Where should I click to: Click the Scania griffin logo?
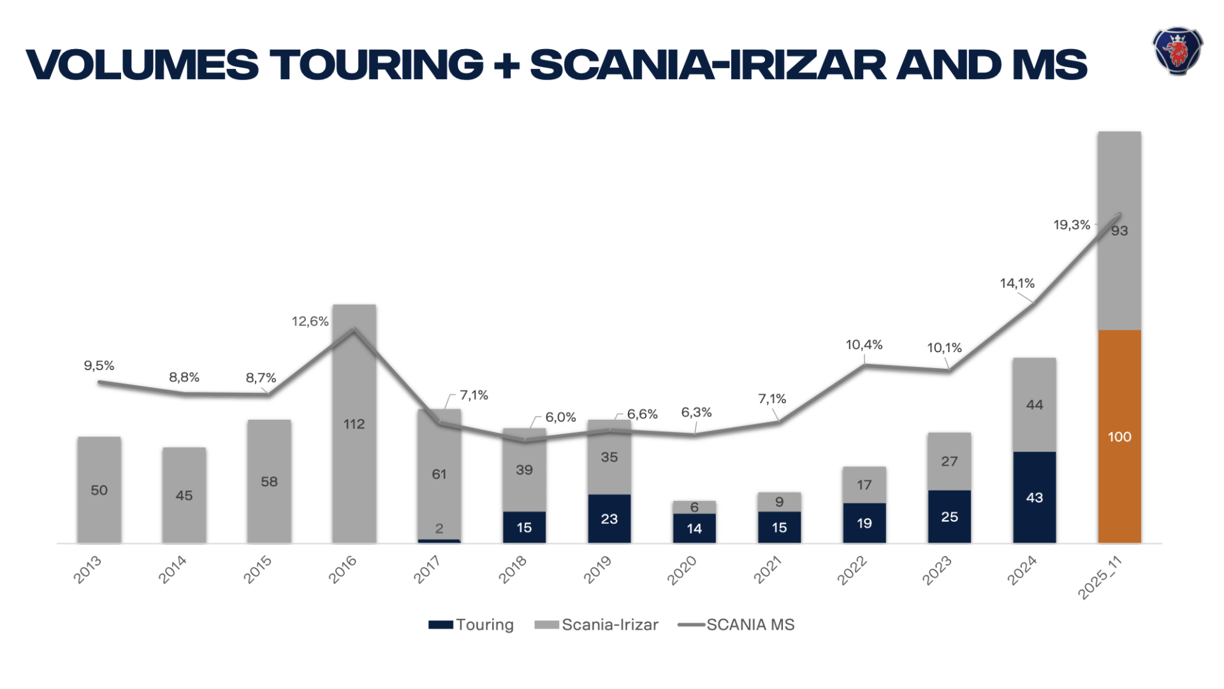[x=1177, y=51]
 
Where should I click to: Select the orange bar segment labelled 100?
[x=1119, y=436]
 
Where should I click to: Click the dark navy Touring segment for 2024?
[x=1034, y=497]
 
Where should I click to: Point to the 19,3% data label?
[x=1071, y=225]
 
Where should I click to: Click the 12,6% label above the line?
[x=310, y=322]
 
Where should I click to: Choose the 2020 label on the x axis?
[x=681, y=570]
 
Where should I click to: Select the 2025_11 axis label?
[x=1099, y=577]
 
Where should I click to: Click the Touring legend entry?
[x=472, y=625]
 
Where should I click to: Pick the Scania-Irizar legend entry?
[x=597, y=625]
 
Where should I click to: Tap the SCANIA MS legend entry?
[x=737, y=625]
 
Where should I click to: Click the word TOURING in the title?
[x=376, y=65]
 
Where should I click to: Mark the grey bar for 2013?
[x=99, y=489]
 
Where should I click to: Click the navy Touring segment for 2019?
[x=609, y=519]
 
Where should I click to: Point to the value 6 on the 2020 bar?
[x=694, y=507]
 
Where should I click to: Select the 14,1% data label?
[x=1017, y=283]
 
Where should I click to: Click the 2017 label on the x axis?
[x=426, y=570]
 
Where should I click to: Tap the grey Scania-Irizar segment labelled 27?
[x=949, y=461]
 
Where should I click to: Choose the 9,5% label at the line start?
[x=99, y=366]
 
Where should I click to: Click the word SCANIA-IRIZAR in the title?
[x=708, y=65]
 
